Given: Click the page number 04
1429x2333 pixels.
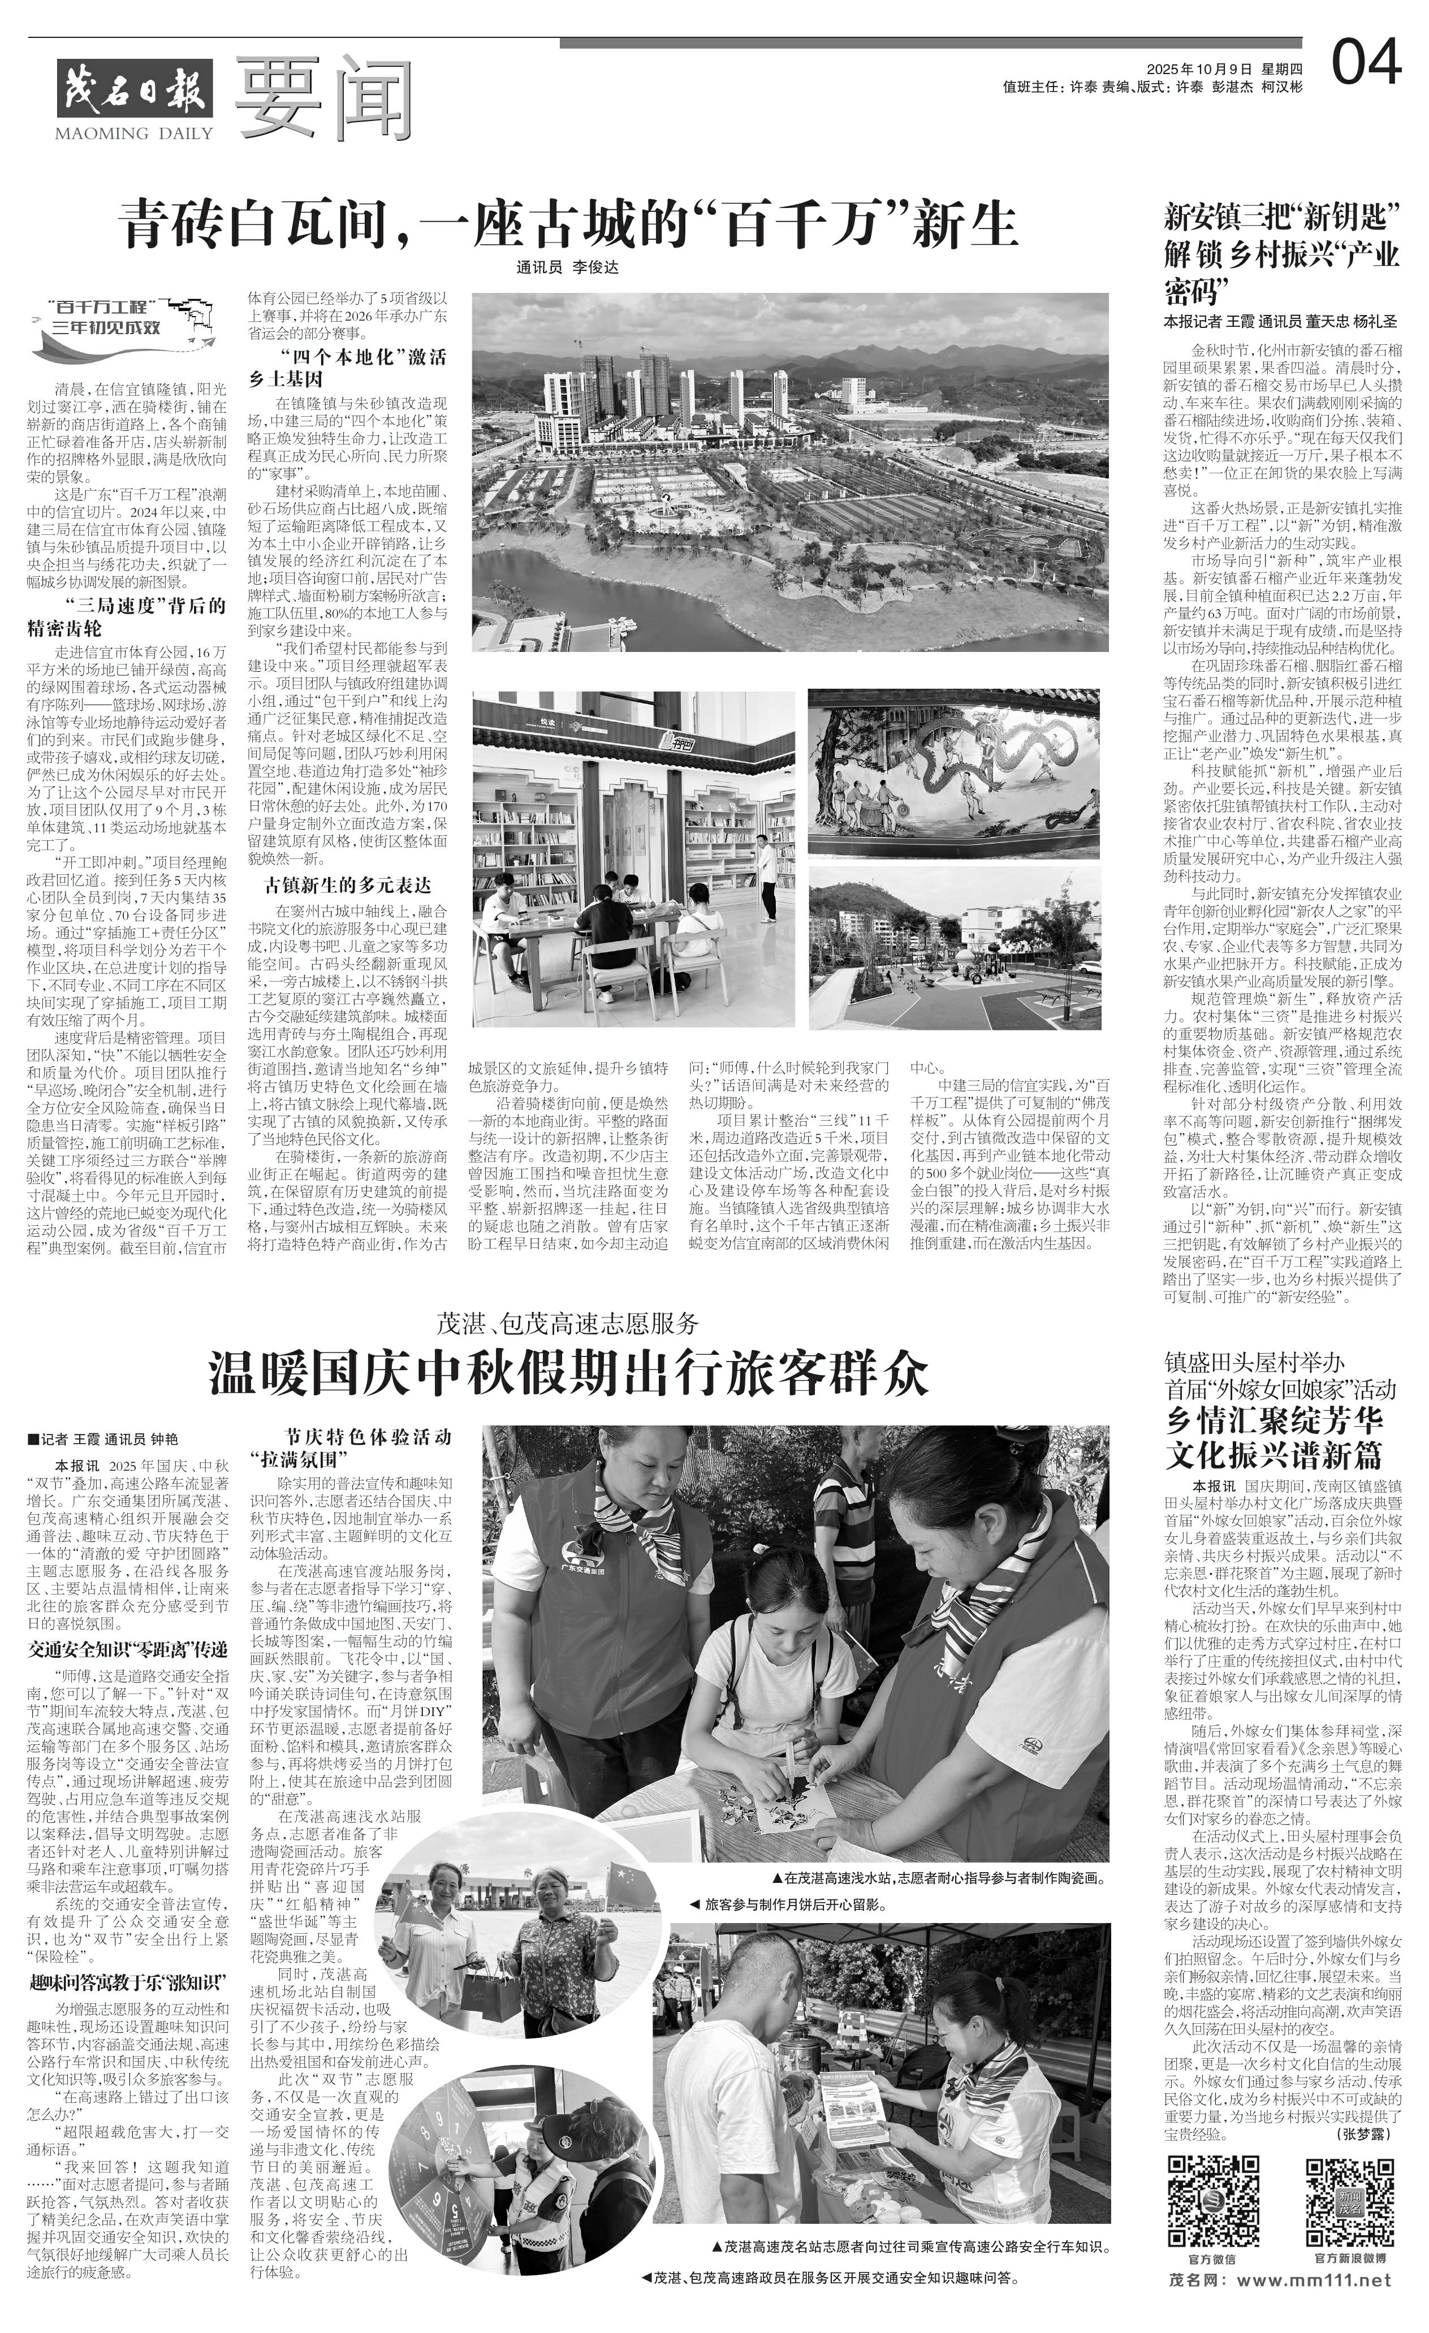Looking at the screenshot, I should [x=1366, y=64].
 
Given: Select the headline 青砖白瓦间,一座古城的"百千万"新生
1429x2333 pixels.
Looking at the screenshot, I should [x=568, y=224].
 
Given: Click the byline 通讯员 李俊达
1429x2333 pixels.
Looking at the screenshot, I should [x=567, y=268].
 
